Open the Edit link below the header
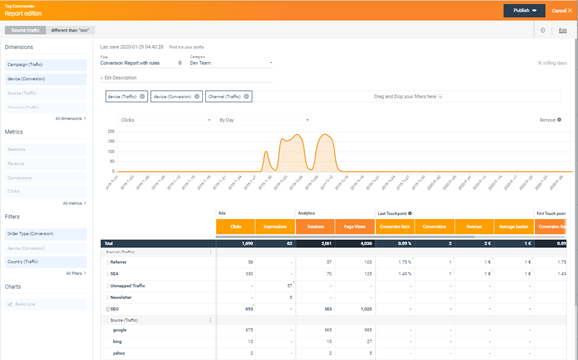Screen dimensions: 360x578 click(x=562, y=31)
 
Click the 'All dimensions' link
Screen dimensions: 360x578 click(x=71, y=118)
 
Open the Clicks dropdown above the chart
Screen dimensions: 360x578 click(x=166, y=120)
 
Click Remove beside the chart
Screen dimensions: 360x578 click(x=550, y=120)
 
